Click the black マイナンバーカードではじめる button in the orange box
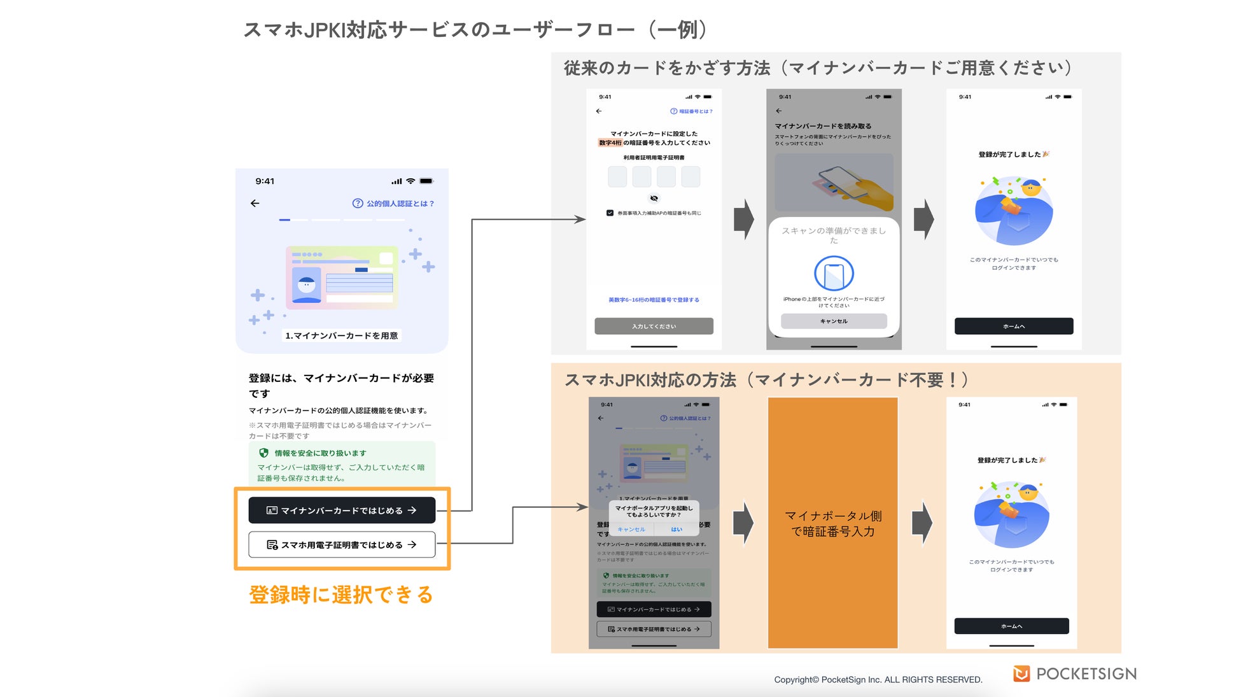click(342, 510)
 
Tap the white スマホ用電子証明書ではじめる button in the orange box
click(342, 545)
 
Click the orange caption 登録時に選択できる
click(341, 595)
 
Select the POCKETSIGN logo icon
click(1021, 673)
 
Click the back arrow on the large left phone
click(255, 203)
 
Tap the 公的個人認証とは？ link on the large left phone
click(393, 204)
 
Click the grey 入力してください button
click(654, 327)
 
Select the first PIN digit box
click(617, 176)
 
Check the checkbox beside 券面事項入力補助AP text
click(610, 213)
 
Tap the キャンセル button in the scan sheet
click(834, 321)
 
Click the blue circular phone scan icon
click(834, 274)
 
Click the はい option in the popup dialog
click(677, 530)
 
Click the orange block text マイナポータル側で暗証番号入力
click(832, 523)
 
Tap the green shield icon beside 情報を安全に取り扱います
click(263, 453)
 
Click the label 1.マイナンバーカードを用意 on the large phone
click(342, 335)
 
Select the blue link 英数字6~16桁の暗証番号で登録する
click(654, 300)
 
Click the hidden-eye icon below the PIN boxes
click(654, 199)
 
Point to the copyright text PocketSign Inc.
click(878, 680)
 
